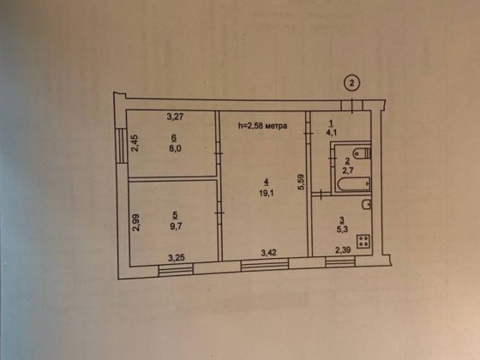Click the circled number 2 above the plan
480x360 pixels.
click(351, 83)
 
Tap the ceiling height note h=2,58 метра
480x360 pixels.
click(262, 125)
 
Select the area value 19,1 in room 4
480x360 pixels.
click(267, 194)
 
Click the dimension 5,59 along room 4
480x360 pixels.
click(301, 182)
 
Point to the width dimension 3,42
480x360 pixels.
click(268, 253)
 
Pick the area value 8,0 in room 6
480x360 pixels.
click(175, 148)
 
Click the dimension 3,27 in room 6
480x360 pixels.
click(175, 117)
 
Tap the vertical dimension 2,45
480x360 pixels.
click(135, 143)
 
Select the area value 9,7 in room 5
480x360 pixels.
click(176, 226)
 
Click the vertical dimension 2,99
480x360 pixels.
click(135, 223)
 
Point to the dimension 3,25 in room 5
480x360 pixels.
click(177, 258)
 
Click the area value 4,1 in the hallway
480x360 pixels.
click(332, 133)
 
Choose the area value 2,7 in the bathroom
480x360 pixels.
click(348, 171)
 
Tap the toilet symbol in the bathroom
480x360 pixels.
click(362, 153)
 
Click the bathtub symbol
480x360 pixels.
click(354, 184)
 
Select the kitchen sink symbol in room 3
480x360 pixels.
click(366, 204)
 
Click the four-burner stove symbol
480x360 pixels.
click(364, 241)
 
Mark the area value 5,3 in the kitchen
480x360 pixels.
click(342, 230)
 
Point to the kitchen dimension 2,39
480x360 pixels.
click(343, 250)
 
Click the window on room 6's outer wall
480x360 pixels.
click(122, 145)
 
